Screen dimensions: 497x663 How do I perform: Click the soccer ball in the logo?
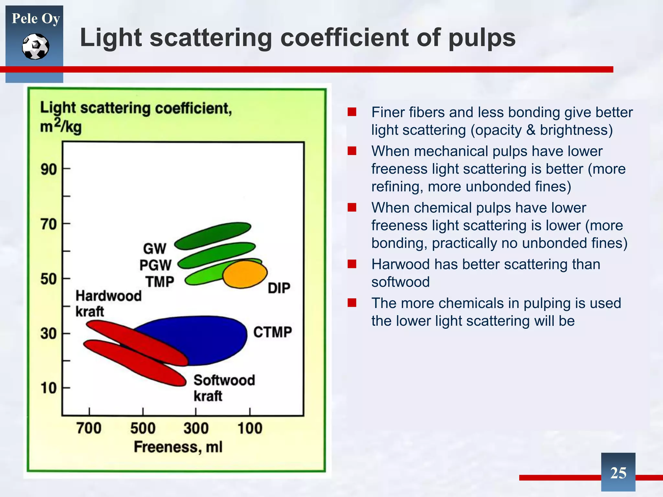click(x=36, y=47)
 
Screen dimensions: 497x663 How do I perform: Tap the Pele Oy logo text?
click(x=36, y=18)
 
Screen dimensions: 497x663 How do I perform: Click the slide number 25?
click(x=618, y=473)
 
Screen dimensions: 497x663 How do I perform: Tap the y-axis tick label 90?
click(x=49, y=169)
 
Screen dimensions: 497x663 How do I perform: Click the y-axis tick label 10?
click(x=49, y=388)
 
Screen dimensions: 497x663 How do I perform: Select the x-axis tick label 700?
click(x=89, y=428)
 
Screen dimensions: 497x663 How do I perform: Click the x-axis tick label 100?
click(x=250, y=428)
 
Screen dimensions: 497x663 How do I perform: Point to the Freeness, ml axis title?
click(x=178, y=447)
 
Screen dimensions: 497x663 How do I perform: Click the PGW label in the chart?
click(x=155, y=265)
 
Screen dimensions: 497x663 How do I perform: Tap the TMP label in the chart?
click(x=160, y=282)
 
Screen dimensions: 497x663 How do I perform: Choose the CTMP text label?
click(x=272, y=332)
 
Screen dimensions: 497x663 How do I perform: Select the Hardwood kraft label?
click(x=108, y=304)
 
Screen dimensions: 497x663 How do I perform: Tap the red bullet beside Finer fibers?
click(x=352, y=112)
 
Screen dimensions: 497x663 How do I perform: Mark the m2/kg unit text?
click(x=61, y=126)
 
